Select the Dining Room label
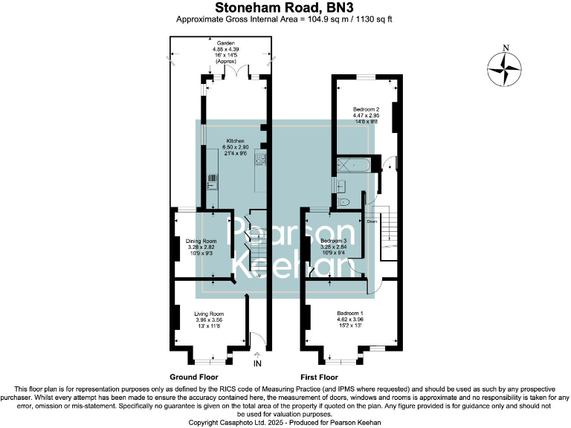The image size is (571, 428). point(201,246)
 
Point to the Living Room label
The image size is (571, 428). point(209,320)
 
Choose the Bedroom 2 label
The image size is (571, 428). point(366,115)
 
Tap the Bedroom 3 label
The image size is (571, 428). point(334,247)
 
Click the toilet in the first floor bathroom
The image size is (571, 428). point(342,201)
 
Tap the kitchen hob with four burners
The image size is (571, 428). point(261,159)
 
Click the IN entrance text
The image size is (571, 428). point(257,365)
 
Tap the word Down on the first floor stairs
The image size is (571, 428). point(371,221)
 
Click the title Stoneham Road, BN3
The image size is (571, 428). point(285,7)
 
